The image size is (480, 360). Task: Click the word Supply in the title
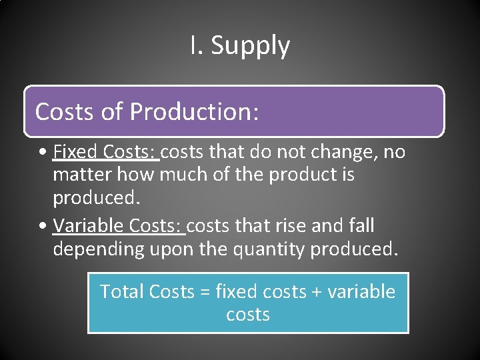tap(251, 47)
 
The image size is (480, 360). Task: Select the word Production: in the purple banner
tap(194, 111)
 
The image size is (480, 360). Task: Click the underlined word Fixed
tap(76, 153)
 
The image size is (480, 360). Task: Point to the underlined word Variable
tap(89, 226)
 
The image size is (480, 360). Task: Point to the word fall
tap(361, 226)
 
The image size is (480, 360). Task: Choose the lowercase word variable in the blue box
tap(363, 291)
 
